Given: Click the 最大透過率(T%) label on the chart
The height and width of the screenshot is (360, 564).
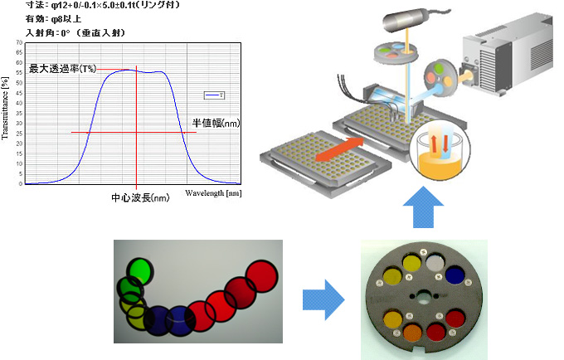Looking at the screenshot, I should pos(62,69).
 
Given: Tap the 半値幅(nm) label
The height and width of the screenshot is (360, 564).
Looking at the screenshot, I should pos(216,123).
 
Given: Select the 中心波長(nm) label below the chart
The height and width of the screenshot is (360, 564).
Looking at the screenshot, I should pos(140,198).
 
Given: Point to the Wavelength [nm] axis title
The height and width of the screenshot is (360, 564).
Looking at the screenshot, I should pos(213,192).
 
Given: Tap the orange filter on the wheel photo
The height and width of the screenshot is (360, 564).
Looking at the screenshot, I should pos(413,335).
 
